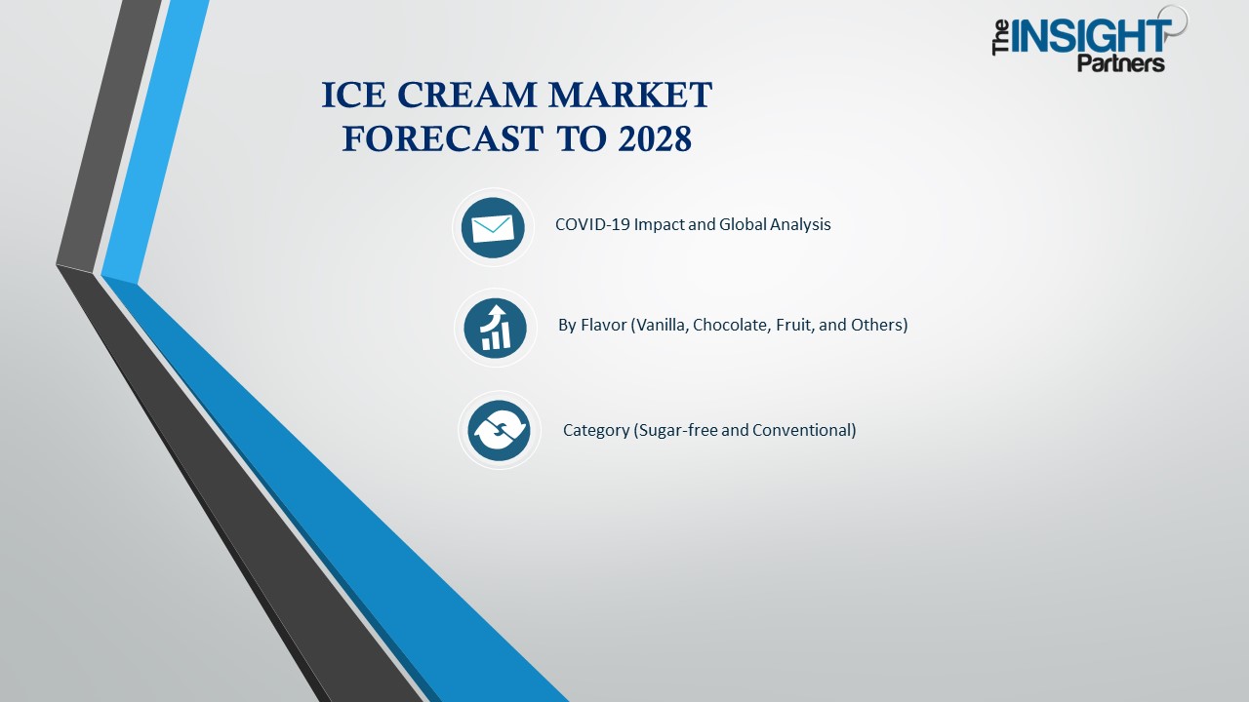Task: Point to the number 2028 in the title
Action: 655,139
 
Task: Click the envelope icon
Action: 493,228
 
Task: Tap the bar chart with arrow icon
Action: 496,328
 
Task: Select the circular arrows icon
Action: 499,430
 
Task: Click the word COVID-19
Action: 592,224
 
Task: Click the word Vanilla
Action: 660,325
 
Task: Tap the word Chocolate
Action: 731,325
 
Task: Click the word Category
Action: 596,430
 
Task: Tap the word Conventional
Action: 804,430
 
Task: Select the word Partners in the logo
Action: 1120,63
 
